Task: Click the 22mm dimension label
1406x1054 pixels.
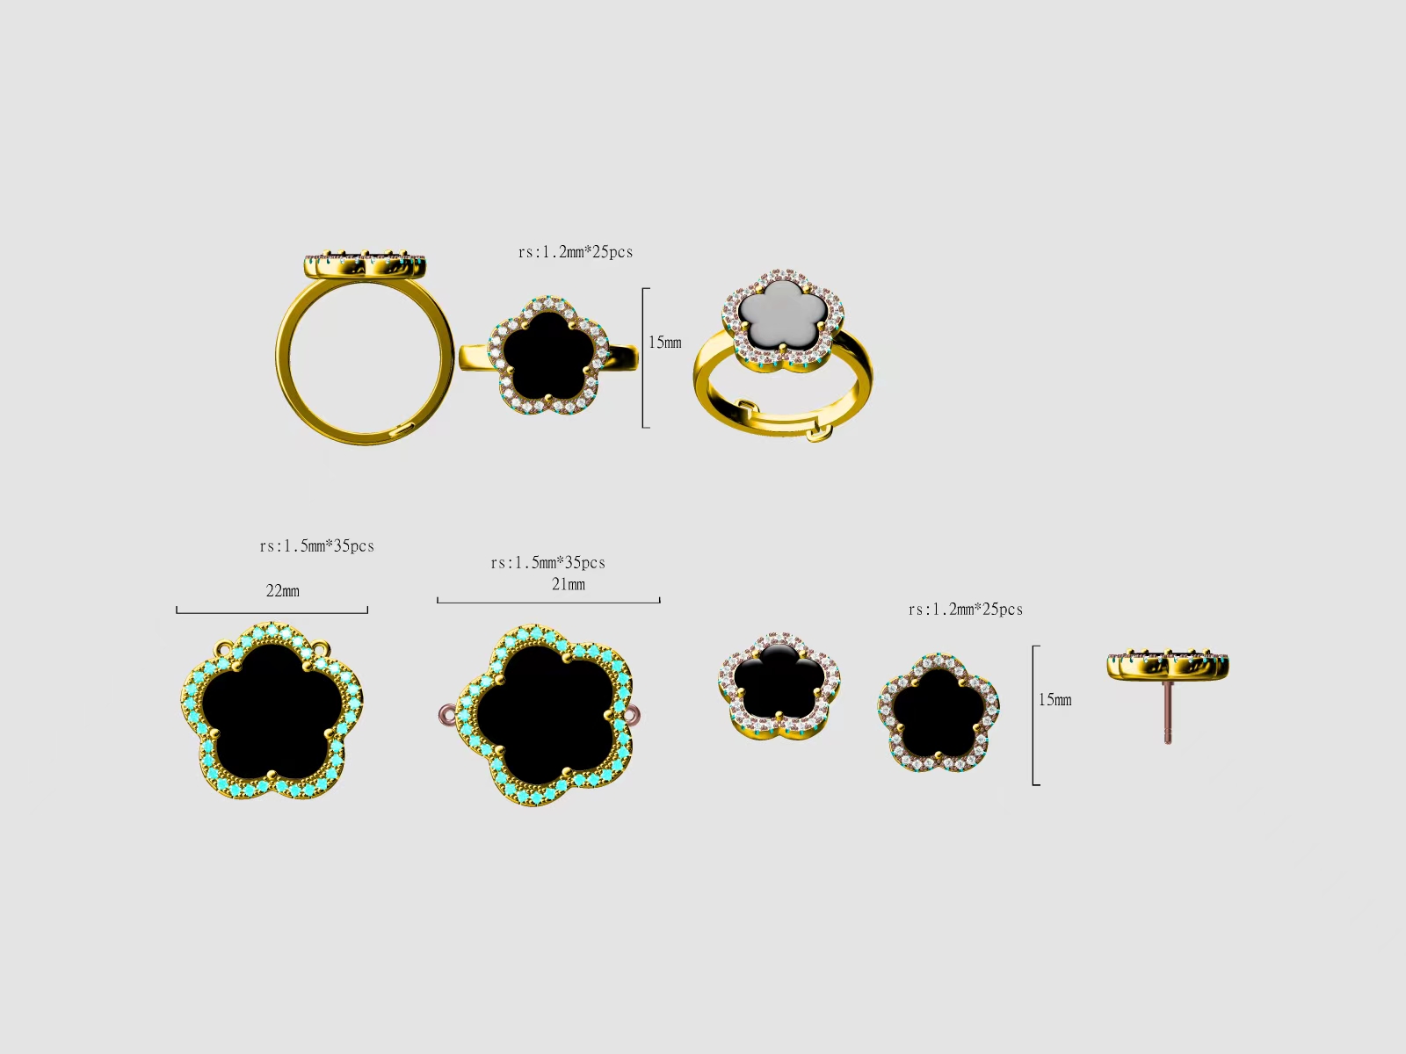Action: [282, 590]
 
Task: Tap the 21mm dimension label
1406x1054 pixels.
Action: [569, 584]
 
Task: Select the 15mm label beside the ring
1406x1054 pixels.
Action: [665, 343]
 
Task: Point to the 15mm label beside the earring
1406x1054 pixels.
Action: [1055, 699]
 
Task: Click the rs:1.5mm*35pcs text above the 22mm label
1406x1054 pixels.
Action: [317, 545]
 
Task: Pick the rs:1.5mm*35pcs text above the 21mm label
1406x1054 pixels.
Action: [548, 562]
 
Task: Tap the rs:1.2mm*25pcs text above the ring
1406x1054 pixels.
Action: [576, 251]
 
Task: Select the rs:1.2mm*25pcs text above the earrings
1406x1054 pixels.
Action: [966, 610]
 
